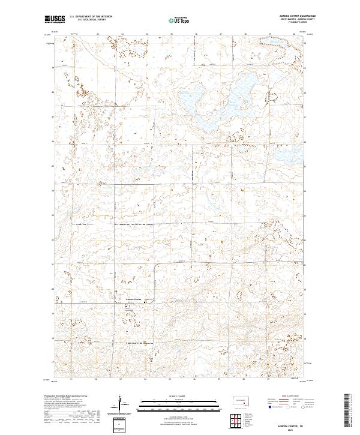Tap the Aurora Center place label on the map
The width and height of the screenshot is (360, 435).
click(x=133, y=299)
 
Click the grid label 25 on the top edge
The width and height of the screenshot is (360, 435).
click(x=171, y=34)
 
